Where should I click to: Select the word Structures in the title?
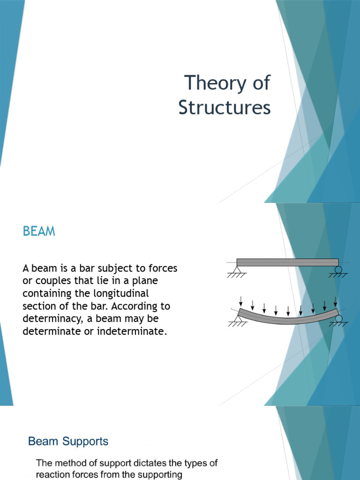[x=224, y=107]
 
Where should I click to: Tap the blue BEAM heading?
[x=39, y=231]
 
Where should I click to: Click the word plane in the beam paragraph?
[x=146, y=281]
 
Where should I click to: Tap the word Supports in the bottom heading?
[x=85, y=441]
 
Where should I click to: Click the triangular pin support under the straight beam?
[x=237, y=270]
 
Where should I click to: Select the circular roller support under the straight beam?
[x=338, y=270]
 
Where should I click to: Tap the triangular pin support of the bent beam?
[x=237, y=319]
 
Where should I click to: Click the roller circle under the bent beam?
[x=338, y=318]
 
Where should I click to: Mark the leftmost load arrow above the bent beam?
[x=240, y=300]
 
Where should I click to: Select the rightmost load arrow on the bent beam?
[x=335, y=301]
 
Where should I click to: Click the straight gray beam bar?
[x=287, y=262]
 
